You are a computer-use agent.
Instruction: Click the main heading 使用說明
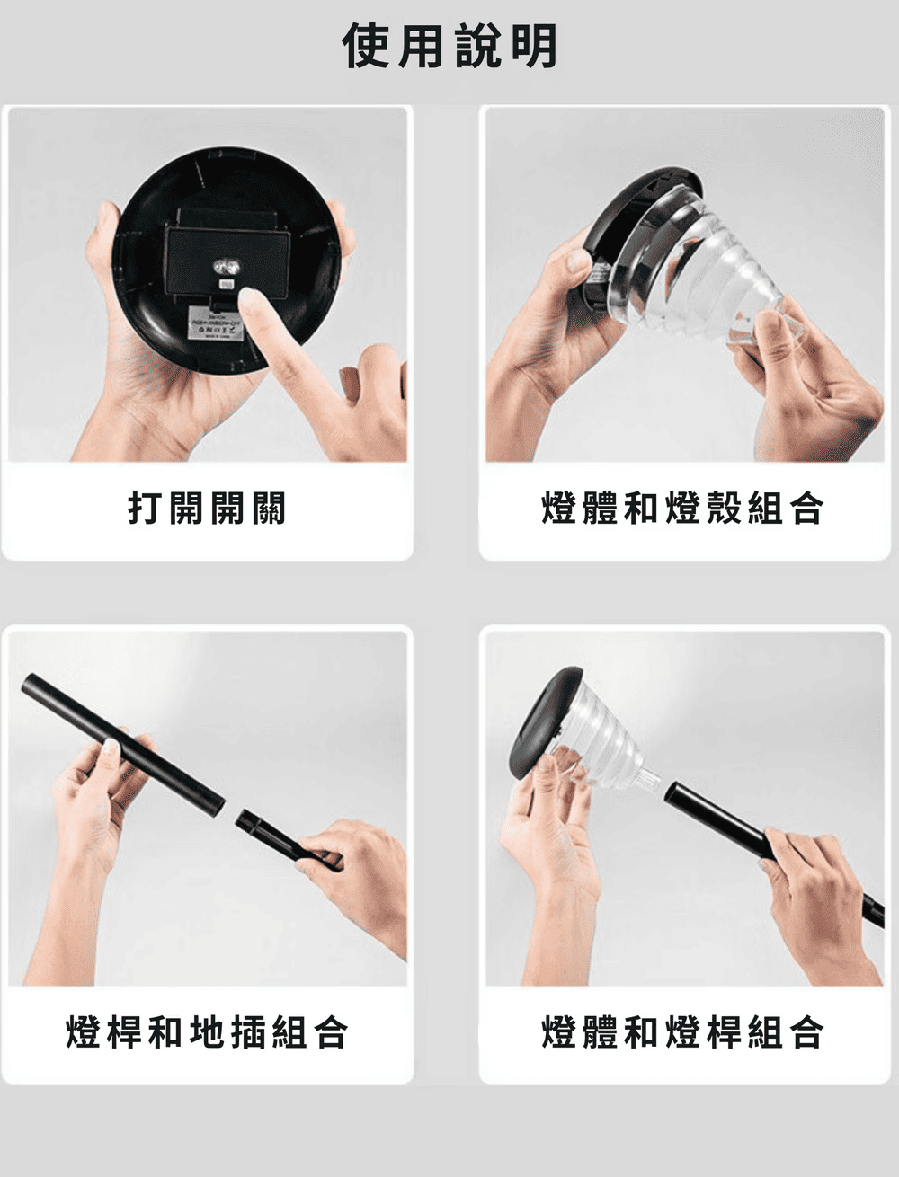[x=449, y=47]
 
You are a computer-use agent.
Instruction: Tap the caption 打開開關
[x=207, y=508]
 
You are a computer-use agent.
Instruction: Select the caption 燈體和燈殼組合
[x=682, y=508]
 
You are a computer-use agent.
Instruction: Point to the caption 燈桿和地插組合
[x=207, y=1032]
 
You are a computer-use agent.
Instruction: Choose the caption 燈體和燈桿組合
[x=682, y=1032]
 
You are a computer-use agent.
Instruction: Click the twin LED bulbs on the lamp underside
[x=227, y=267]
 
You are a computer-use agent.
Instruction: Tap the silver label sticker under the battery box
[x=216, y=323]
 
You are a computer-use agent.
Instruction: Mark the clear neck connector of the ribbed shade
[x=650, y=780]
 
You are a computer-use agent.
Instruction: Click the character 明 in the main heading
[x=534, y=47]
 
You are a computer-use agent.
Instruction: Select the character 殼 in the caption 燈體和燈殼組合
[x=723, y=508]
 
